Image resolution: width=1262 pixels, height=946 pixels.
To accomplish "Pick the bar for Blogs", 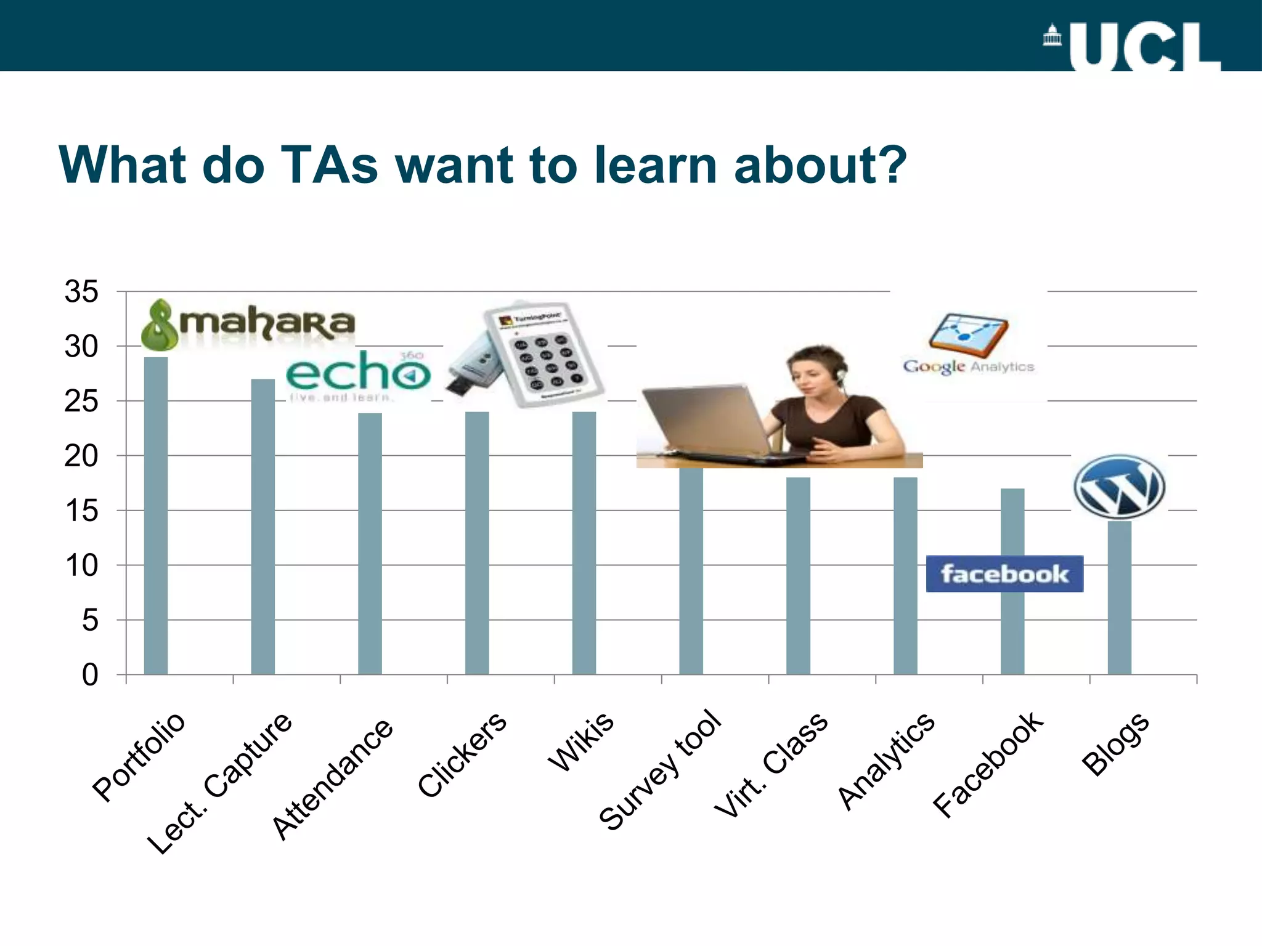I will [1119, 597].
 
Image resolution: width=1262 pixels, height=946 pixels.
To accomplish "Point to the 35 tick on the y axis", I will [81, 292].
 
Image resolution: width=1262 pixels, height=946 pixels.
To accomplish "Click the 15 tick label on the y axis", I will [81, 511].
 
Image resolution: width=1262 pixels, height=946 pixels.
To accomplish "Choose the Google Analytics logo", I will [969, 345].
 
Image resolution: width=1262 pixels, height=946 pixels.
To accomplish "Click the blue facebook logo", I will [1004, 574].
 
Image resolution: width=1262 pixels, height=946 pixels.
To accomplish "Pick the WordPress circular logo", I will [1119, 487].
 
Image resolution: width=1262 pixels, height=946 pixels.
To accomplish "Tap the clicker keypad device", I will [542, 354].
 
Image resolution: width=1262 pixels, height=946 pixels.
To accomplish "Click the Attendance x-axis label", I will [333, 779].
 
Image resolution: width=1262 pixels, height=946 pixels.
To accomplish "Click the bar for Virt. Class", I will [798, 576].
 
